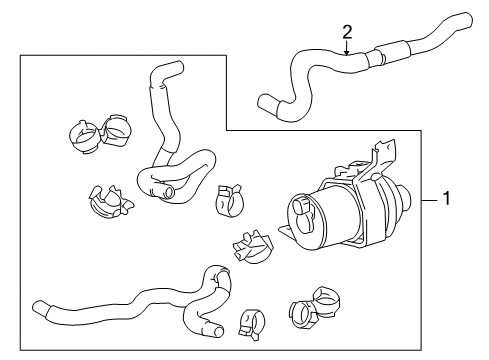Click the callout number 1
tap(447, 199)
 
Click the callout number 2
tap(346, 31)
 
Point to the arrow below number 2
tap(346, 50)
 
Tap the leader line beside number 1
tap(429, 199)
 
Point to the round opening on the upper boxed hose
tap(169, 190)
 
